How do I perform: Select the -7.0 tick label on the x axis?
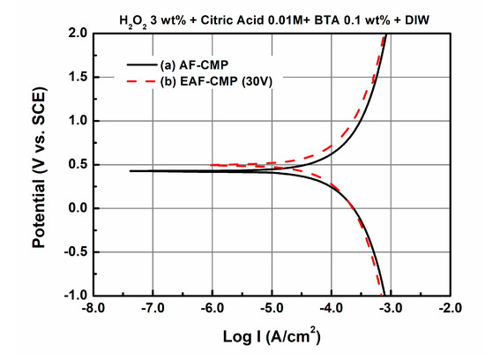pyautogui.click(x=154, y=310)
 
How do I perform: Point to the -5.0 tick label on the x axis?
pyautogui.click(x=272, y=310)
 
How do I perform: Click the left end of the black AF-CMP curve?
pyautogui.click(x=131, y=170)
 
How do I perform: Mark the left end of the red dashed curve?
pyautogui.click(x=213, y=165)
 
